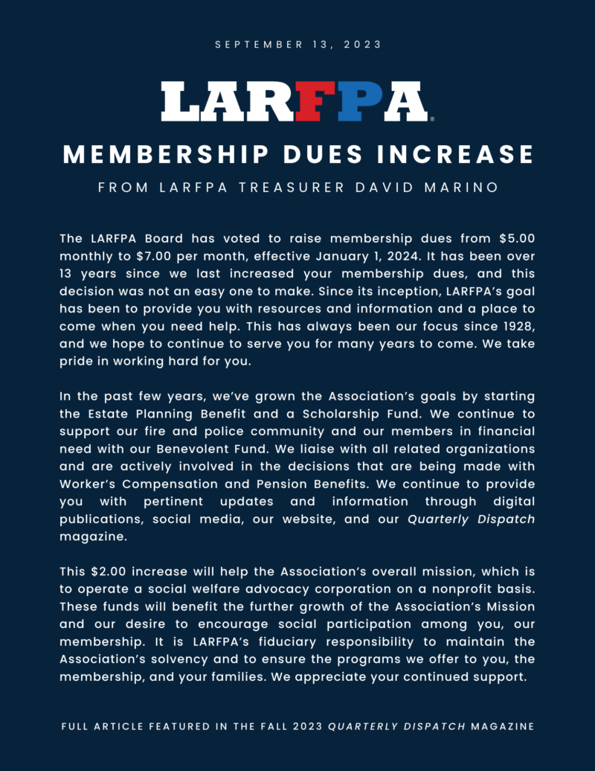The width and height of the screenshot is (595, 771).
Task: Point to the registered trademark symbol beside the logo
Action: [432, 118]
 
